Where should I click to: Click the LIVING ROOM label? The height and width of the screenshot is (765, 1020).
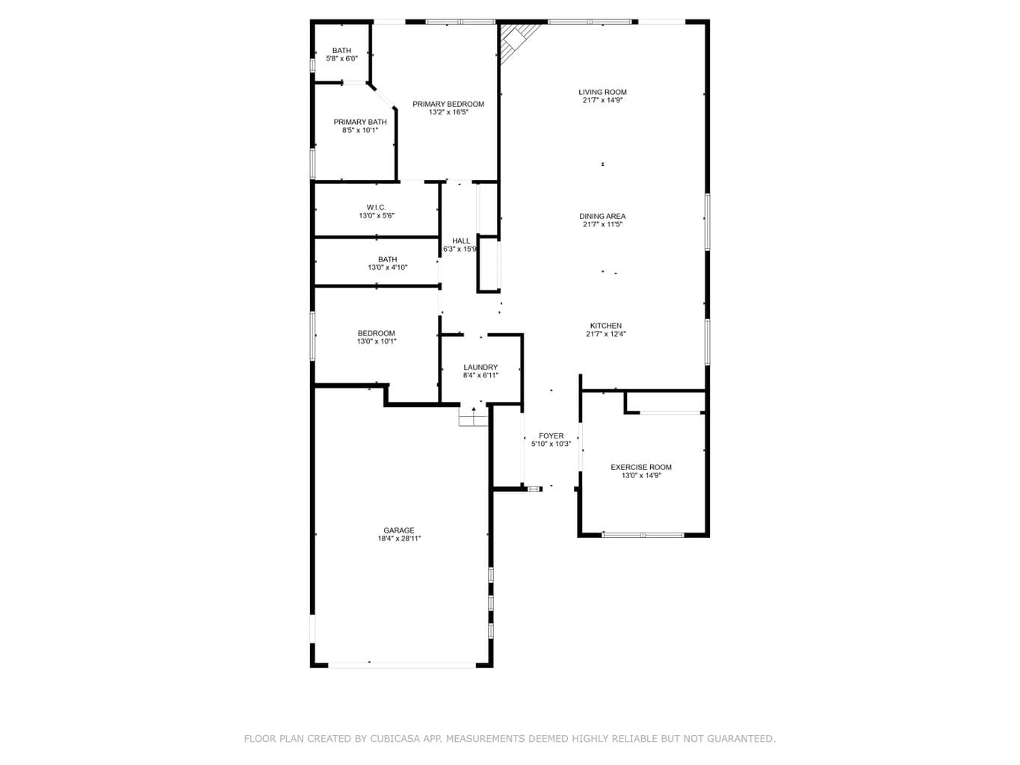(602, 92)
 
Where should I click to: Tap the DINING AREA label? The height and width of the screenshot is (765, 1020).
(602, 216)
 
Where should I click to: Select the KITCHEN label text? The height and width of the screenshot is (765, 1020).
(605, 326)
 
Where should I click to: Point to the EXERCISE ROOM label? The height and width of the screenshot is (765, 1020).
(641, 467)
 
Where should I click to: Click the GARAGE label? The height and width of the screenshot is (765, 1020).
(399, 530)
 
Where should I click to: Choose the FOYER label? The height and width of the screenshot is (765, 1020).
(551, 436)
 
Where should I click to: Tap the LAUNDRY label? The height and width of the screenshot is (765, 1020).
(480, 368)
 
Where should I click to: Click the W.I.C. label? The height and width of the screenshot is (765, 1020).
(376, 207)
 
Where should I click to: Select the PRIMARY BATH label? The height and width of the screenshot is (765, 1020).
(359, 122)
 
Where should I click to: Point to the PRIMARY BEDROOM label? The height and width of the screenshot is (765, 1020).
(448, 104)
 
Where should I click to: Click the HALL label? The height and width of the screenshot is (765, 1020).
(461, 241)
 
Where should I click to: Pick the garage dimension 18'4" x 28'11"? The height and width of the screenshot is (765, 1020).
(399, 539)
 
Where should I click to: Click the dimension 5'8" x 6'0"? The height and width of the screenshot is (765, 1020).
(341, 58)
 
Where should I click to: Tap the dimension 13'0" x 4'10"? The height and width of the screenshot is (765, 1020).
(388, 267)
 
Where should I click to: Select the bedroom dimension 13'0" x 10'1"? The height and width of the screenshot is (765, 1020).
(377, 341)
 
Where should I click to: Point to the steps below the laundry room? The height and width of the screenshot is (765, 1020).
(474, 416)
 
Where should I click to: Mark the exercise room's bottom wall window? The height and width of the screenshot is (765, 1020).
(643, 535)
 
